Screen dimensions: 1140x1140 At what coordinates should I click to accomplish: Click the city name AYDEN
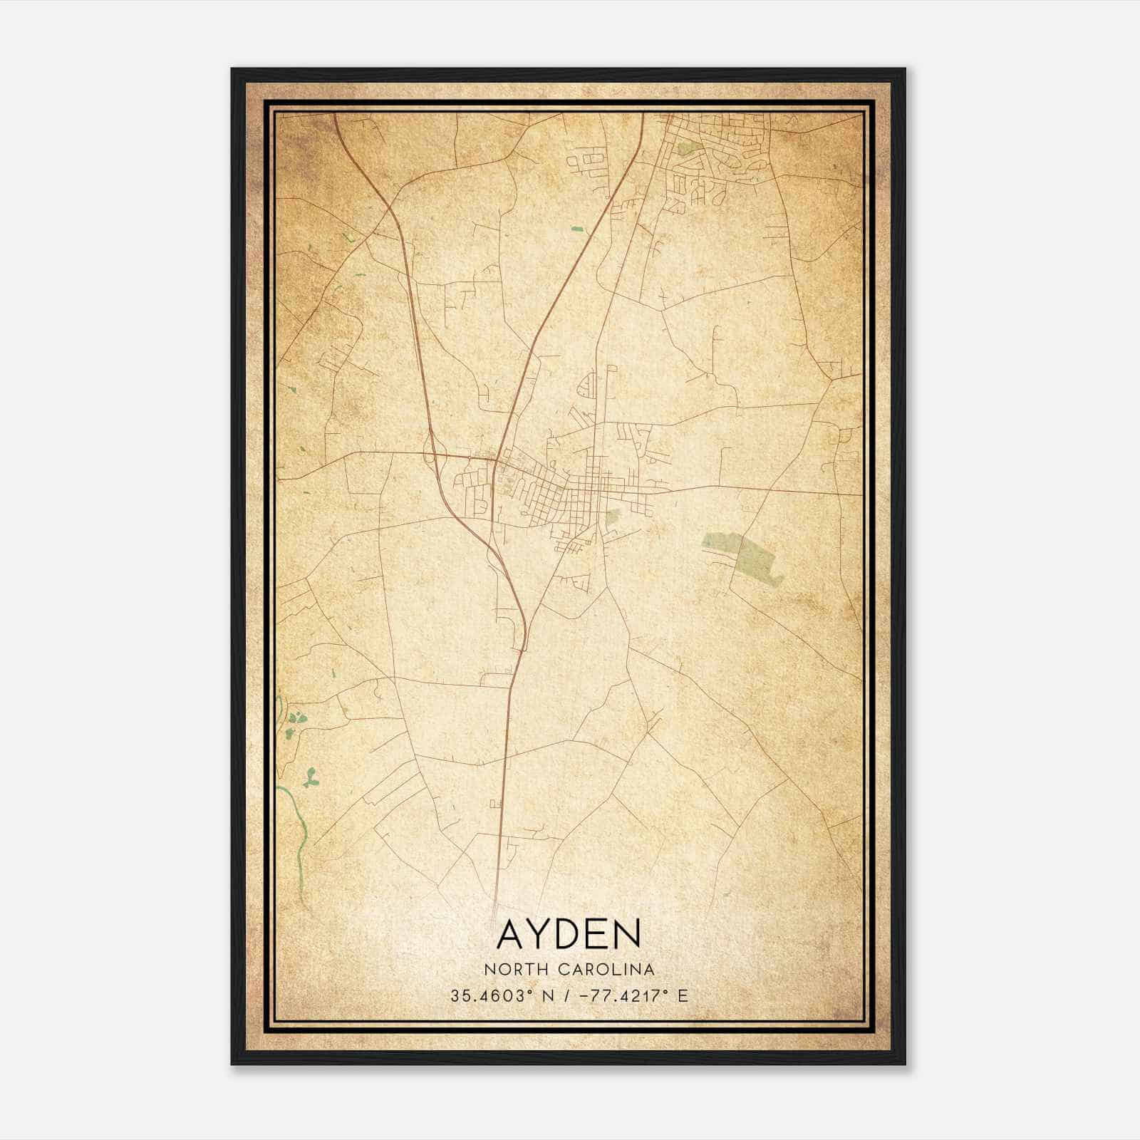point(569,935)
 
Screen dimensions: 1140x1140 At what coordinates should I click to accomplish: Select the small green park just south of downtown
point(611,517)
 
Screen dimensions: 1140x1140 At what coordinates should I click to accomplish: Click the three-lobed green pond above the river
point(310,779)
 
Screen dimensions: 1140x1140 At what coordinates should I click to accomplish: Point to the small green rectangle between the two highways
point(576,229)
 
